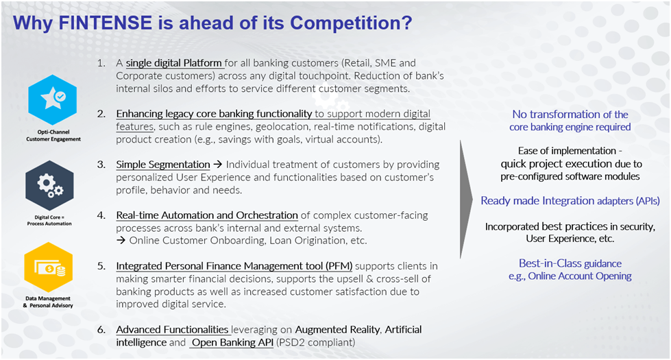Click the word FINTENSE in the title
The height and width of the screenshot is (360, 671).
click(x=106, y=23)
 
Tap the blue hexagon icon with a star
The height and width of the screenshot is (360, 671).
click(x=53, y=100)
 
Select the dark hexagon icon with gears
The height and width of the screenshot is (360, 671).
click(x=49, y=185)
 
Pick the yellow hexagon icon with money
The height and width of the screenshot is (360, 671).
click(x=49, y=267)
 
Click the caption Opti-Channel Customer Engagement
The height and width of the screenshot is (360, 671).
click(x=53, y=136)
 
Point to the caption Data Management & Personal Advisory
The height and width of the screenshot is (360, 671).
click(x=48, y=302)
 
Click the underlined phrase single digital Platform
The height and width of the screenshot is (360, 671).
click(x=173, y=63)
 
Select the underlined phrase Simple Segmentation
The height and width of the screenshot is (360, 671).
click(x=163, y=165)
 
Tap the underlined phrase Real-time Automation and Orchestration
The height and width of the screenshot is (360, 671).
click(x=207, y=215)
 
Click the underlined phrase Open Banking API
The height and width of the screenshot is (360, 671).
click(x=232, y=342)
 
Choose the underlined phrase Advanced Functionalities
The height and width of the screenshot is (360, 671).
click(x=172, y=330)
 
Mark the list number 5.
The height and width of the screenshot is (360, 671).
click(x=101, y=266)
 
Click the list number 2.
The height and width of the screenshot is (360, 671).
click(x=101, y=114)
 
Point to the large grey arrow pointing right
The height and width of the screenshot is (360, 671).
click(x=466, y=199)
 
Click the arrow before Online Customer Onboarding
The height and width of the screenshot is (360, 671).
click(x=121, y=241)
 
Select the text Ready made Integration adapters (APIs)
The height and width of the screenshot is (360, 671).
click(x=570, y=201)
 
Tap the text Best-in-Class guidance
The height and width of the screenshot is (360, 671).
click(x=570, y=263)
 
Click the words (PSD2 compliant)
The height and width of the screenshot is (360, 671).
click(x=316, y=342)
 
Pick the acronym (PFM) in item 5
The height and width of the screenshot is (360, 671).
click(x=339, y=266)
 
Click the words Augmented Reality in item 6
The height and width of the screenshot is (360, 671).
click(x=337, y=330)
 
